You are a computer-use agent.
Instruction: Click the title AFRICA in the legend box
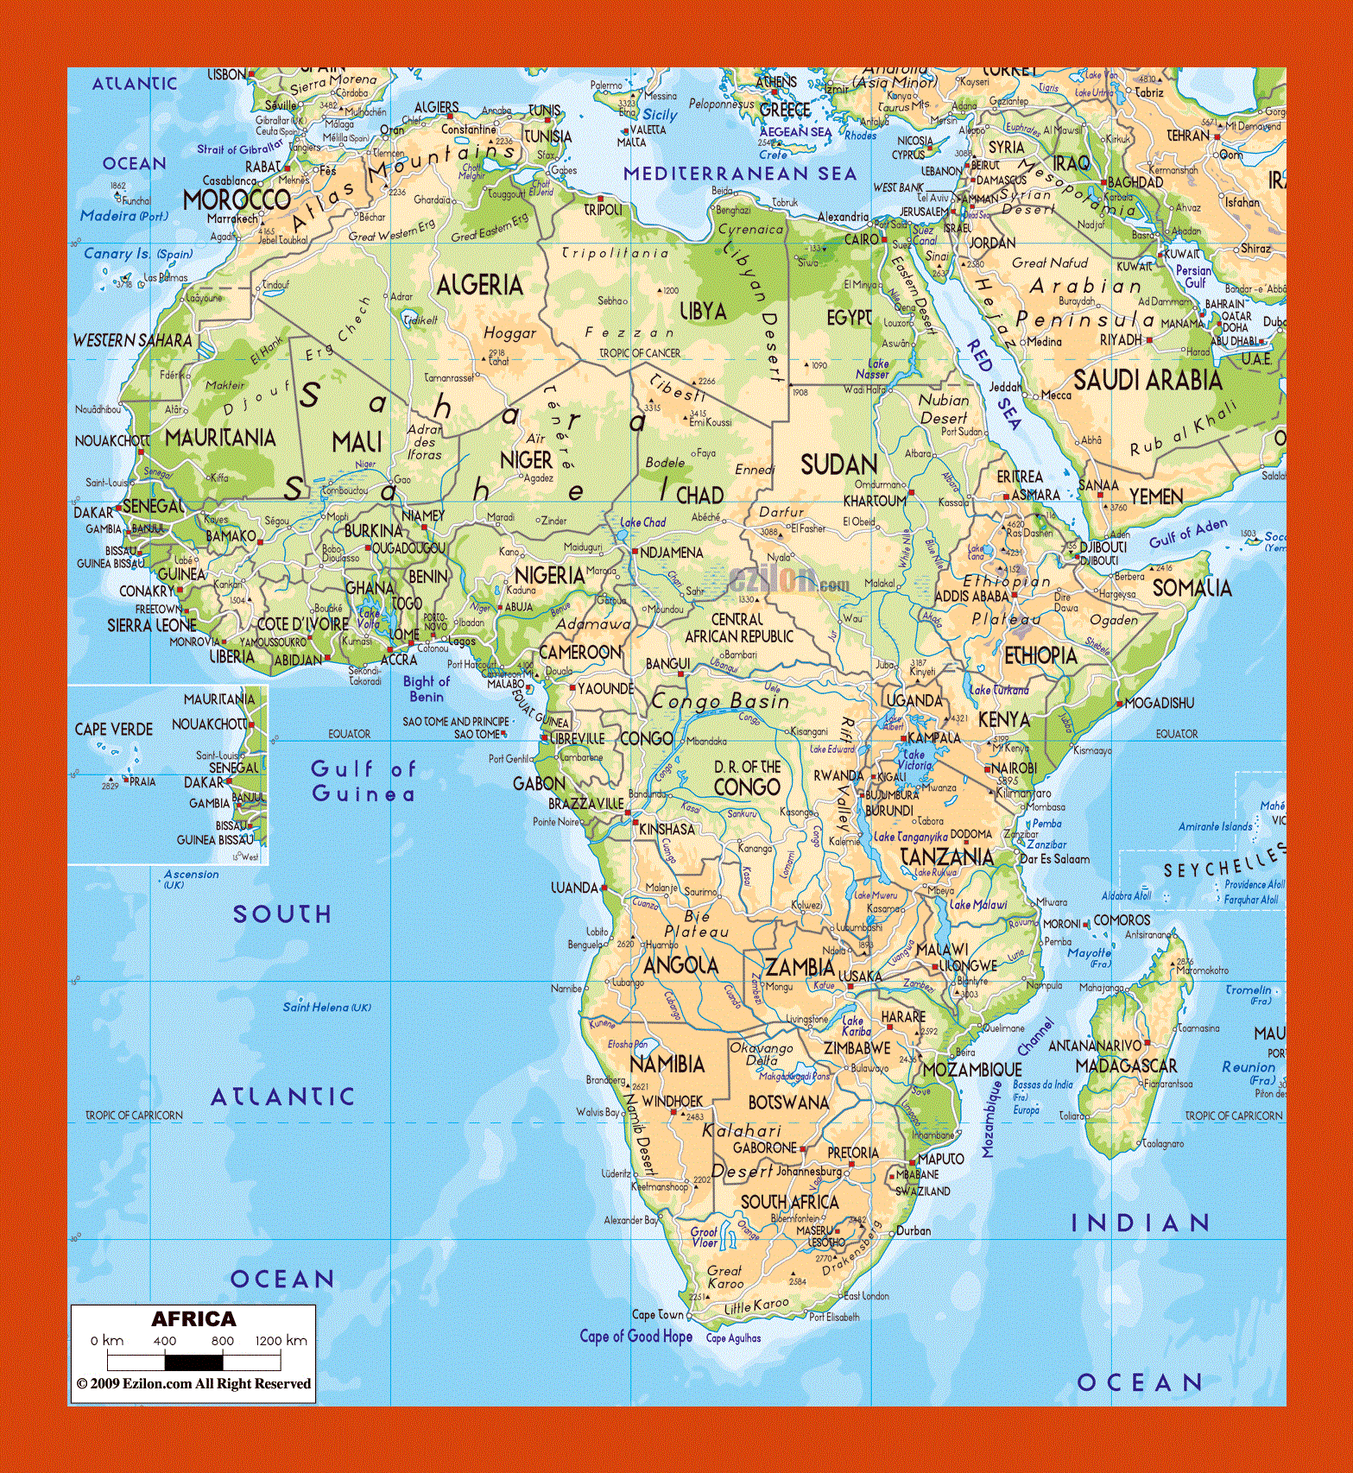pos(193,1318)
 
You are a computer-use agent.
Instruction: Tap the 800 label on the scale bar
pos(222,1341)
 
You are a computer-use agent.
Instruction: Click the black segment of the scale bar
pos(193,1362)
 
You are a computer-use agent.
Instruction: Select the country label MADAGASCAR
pos(1126,1065)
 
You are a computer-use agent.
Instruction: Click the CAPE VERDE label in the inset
pos(113,729)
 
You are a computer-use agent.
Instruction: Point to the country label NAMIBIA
pos(667,1064)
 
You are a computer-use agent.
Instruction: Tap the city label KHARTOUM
pos(874,500)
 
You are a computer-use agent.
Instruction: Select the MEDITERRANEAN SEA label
pos(740,174)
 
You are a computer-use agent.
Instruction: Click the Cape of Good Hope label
pos(635,1336)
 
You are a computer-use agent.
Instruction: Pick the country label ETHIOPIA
pos(1040,655)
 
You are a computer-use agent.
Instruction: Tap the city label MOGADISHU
pos(1159,703)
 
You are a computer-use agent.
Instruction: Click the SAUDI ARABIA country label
pos(1147,380)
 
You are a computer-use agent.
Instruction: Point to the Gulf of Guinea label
pos(363,781)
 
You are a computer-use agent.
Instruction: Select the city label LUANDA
pos(573,887)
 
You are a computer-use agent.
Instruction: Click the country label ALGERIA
pos(479,285)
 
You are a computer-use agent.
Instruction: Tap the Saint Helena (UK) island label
pos(327,1007)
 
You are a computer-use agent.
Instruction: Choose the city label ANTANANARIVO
pos(1094,1046)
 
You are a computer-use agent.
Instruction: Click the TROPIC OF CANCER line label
pos(640,353)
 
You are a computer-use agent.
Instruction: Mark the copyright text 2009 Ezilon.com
pos(193,1383)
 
